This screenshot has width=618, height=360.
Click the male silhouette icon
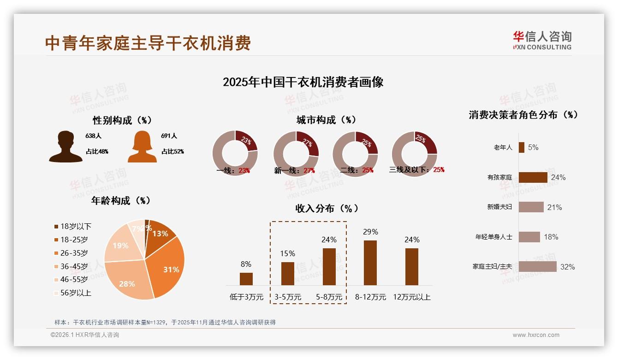tap(65, 147)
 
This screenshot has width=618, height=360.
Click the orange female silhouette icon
tap(142, 147)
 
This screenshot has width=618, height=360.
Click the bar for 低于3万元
tap(246, 279)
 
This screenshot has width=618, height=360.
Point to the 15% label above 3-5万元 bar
tap(288, 253)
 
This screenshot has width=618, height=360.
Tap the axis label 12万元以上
tap(412, 297)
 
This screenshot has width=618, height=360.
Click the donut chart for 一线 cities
tap(235, 153)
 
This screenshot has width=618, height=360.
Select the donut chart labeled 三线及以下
tap(414, 153)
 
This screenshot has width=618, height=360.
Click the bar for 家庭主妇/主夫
tap(537, 266)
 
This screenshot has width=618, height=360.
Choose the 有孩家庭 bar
tap(533, 177)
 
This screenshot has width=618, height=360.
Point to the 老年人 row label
tap(503, 147)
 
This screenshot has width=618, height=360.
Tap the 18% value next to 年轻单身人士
tap(551, 237)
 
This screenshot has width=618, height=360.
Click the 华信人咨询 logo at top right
tap(542, 41)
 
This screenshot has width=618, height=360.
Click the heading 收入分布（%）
tap(327, 208)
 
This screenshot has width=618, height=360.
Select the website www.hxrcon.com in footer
tap(536, 335)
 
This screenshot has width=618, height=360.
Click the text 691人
tap(169, 136)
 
